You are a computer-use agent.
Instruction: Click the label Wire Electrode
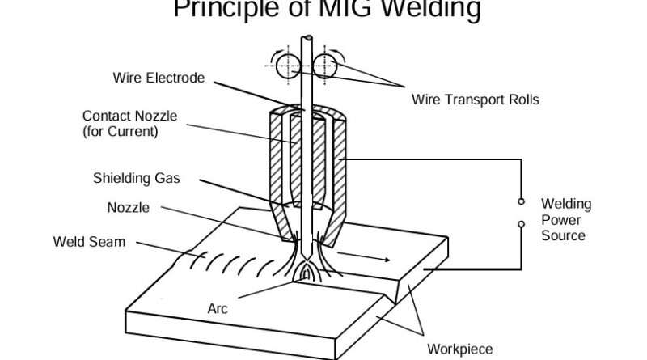(159, 78)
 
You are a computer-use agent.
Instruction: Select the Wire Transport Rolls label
(475, 100)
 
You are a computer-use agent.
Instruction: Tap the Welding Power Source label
(565, 219)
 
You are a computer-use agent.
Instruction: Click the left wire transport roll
(286, 66)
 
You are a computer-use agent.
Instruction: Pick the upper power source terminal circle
(522, 201)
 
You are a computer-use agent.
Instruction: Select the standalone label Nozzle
(128, 208)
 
